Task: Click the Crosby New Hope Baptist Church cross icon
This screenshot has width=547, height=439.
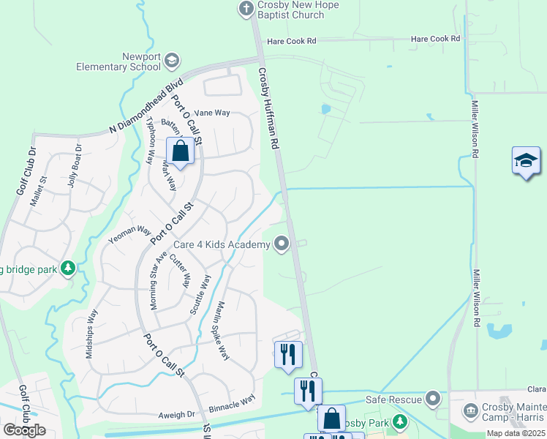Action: (246, 8)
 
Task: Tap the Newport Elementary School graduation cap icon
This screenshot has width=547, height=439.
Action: (172, 61)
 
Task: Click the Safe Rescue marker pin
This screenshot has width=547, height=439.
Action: (434, 399)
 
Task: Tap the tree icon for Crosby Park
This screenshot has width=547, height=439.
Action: (400, 422)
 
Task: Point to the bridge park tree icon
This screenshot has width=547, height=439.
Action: (68, 269)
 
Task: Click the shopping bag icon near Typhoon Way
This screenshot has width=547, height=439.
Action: (181, 151)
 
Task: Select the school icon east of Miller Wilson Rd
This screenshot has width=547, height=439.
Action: (526, 161)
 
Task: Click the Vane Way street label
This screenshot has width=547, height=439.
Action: (212, 113)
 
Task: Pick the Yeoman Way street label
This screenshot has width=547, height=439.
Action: (129, 233)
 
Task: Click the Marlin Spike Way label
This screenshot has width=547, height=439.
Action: (222, 330)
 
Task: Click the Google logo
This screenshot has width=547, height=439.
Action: (24, 430)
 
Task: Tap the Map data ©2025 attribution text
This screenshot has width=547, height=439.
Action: (515, 433)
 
